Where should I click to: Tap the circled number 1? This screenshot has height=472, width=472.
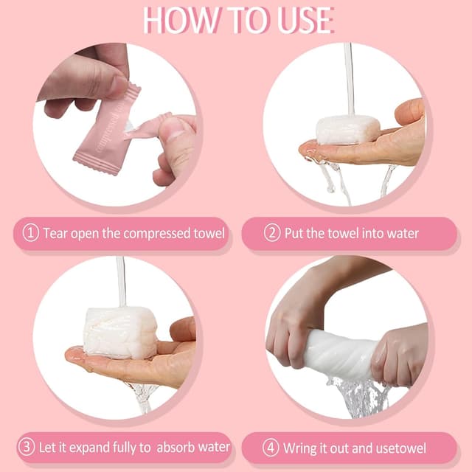tap(31, 233)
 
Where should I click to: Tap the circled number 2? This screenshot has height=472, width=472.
tap(272, 233)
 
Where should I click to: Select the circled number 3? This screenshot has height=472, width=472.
tap(27, 447)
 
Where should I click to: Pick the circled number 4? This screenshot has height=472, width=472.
tap(271, 448)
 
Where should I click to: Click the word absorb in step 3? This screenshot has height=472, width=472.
tap(176, 448)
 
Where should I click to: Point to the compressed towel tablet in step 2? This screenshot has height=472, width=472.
tap(347, 130)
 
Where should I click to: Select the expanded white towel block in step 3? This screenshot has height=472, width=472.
tap(120, 333)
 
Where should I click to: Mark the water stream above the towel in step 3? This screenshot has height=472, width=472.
tap(121, 282)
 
